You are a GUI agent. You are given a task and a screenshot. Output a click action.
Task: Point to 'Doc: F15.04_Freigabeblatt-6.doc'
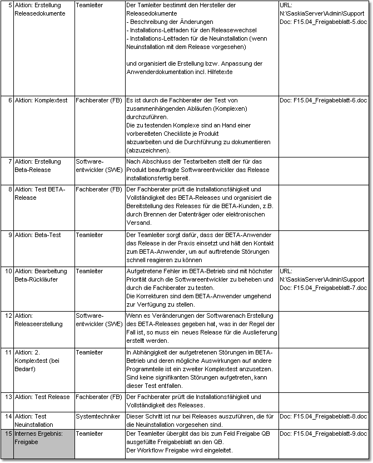tap(323, 100)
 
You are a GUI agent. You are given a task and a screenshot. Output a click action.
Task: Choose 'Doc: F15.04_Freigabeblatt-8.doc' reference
tap(323, 416)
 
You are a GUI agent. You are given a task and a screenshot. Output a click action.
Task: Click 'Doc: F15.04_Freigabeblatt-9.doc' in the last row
tap(323, 433)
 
